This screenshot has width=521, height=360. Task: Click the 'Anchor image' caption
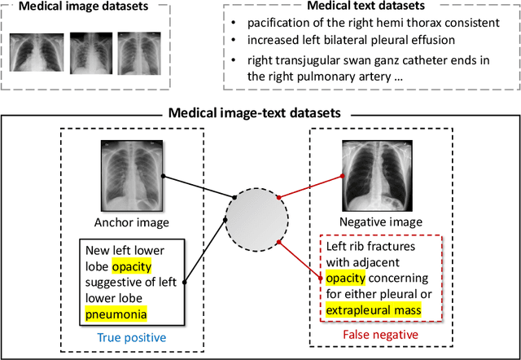click(130, 221)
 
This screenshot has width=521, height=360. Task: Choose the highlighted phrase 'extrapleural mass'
click(374, 310)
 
